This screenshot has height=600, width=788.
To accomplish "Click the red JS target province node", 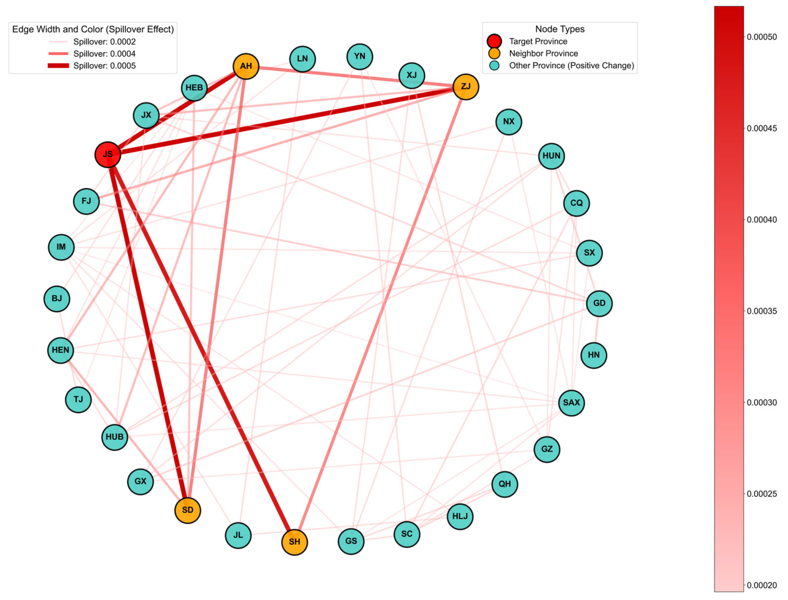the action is pyautogui.click(x=108, y=155).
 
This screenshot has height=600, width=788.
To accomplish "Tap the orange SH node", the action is pyautogui.click(x=294, y=542).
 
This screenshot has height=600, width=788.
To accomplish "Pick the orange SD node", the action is pyautogui.click(x=188, y=510).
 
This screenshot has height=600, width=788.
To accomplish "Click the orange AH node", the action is pyautogui.click(x=246, y=66).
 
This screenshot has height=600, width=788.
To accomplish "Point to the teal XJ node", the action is pyautogui.click(x=412, y=75).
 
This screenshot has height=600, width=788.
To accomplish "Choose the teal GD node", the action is pyautogui.click(x=599, y=303).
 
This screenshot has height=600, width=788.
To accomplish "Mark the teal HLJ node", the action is pyautogui.click(x=460, y=516).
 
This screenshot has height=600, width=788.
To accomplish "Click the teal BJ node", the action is pyautogui.click(x=57, y=299).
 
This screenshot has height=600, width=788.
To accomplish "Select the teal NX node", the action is pyautogui.click(x=509, y=122).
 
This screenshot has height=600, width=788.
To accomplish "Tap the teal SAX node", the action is pyautogui.click(x=571, y=403).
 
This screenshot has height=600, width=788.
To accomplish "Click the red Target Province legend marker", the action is pyautogui.click(x=494, y=42).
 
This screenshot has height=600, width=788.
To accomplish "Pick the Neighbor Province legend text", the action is pyautogui.click(x=543, y=54).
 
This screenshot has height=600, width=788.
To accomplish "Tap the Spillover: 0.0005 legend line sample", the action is pyautogui.click(x=58, y=66).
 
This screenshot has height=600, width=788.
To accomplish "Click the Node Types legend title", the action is pyautogui.click(x=559, y=29).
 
